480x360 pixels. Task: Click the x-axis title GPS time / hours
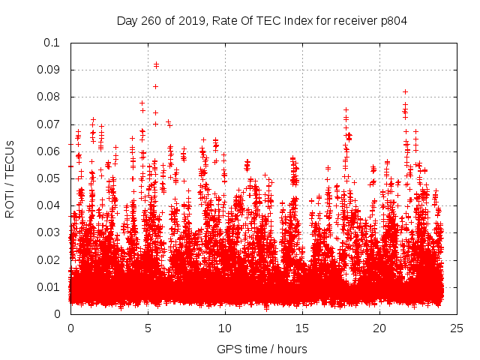coord(262,349)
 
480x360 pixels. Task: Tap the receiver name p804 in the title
coord(391,20)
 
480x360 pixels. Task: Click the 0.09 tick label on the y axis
coord(50,70)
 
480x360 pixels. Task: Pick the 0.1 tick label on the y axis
coord(53,43)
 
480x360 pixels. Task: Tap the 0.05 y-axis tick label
coord(50,178)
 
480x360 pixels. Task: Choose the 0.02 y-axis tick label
coord(50,259)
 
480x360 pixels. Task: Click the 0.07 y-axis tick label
coord(50,124)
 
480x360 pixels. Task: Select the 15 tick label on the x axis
coord(302,328)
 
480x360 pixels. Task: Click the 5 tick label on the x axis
coord(148,328)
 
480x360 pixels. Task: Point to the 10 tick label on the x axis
coord(225,328)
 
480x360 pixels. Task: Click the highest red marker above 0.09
coord(156,64)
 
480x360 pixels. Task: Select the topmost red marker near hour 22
coord(405,91)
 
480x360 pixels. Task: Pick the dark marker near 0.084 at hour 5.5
coord(155,86)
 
